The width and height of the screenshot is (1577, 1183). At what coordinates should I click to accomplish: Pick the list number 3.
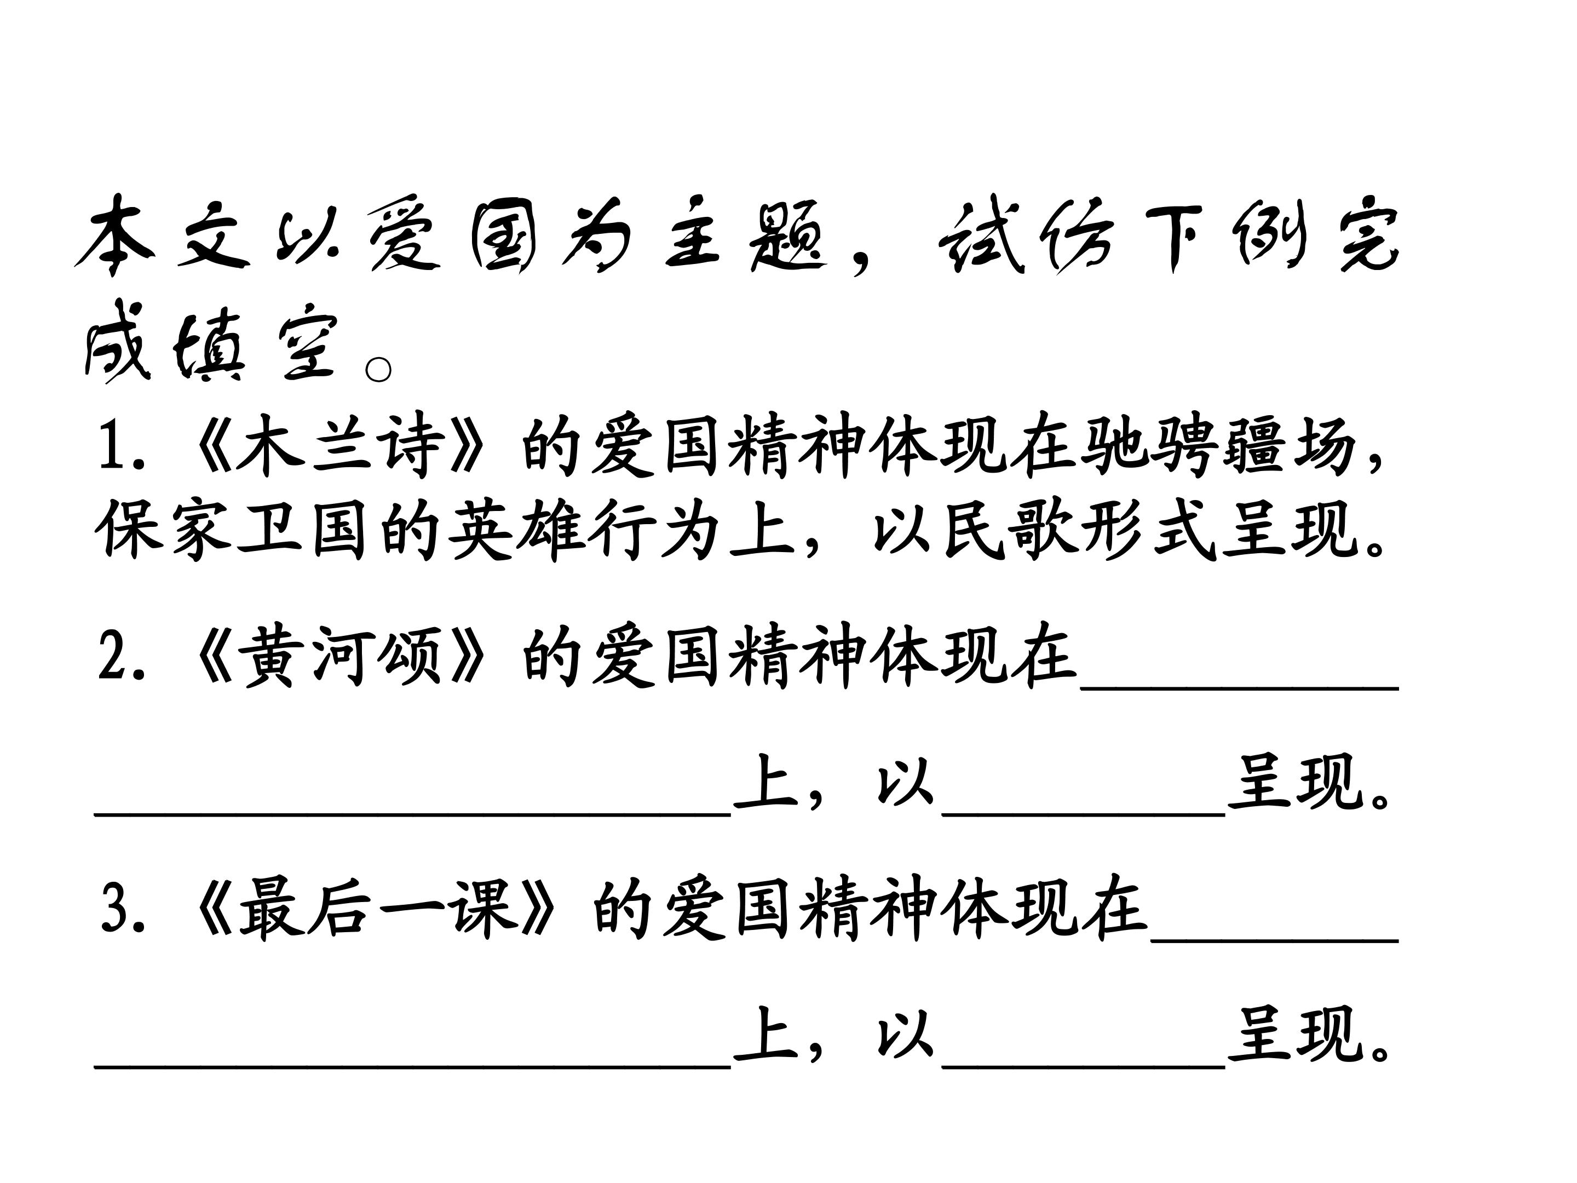123,909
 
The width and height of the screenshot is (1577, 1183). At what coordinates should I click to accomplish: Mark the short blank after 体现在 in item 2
1240,688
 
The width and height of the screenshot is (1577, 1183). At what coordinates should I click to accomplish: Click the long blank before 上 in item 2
413,813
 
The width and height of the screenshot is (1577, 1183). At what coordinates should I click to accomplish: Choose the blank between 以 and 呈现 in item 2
1084,813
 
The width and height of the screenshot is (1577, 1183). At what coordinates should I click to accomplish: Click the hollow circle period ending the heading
378,369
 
